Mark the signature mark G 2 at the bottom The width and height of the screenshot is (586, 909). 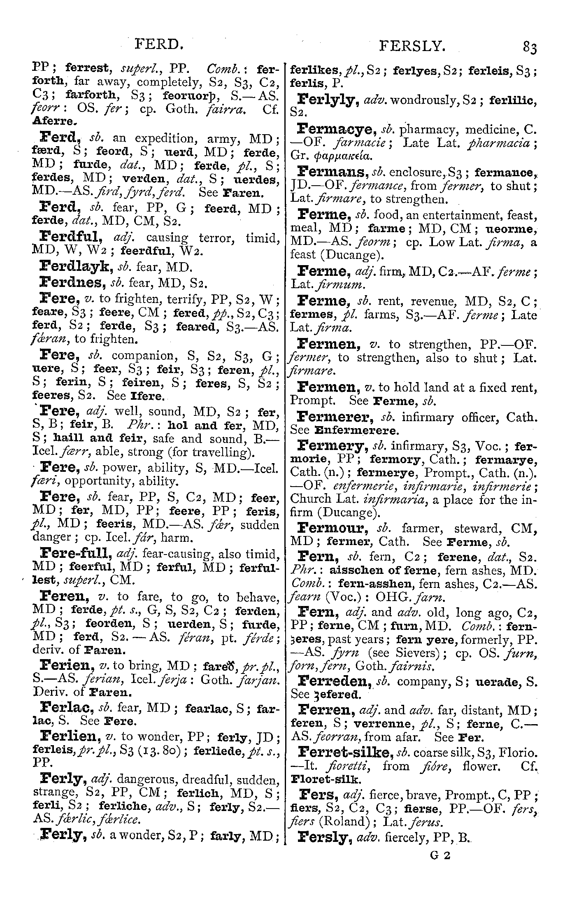click(x=440, y=855)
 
